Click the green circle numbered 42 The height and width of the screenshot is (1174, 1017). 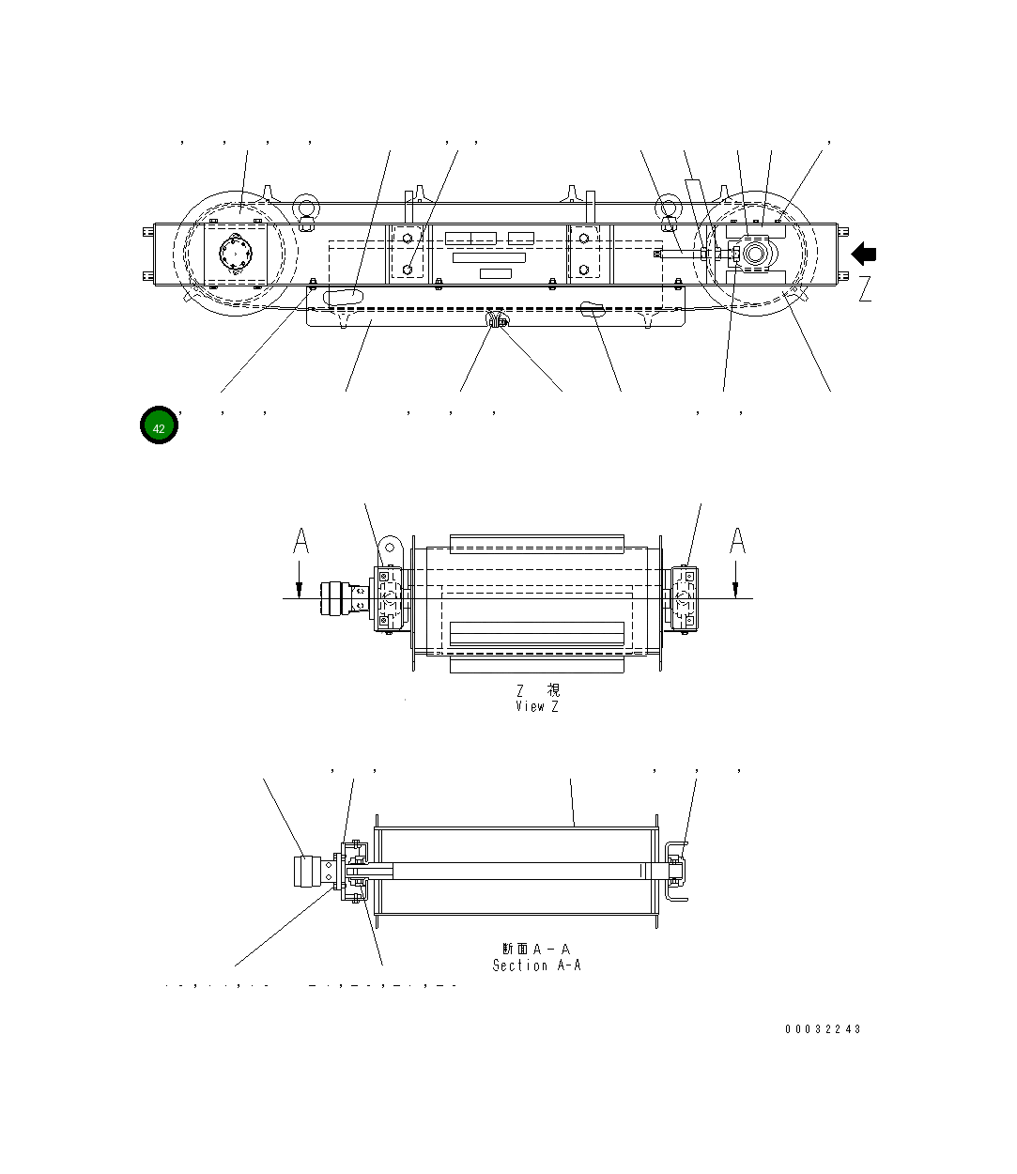pyautogui.click(x=159, y=426)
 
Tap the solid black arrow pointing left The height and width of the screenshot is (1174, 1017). pyautogui.click(x=864, y=254)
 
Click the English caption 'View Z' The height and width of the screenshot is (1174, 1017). pyautogui.click(x=536, y=706)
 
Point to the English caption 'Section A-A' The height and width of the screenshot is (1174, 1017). pyautogui.click(x=536, y=965)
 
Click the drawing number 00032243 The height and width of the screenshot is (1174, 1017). pyautogui.click(x=823, y=1028)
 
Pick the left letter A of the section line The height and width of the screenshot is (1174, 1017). pyautogui.click(x=300, y=542)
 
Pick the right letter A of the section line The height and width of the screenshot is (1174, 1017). pyautogui.click(x=738, y=542)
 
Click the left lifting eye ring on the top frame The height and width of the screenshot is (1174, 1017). pyautogui.click(x=305, y=207)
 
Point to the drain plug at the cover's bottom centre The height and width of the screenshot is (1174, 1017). pyautogui.click(x=498, y=321)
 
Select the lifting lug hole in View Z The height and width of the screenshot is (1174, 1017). pyautogui.click(x=390, y=546)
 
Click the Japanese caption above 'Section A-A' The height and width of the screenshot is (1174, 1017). pyautogui.click(x=536, y=950)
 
